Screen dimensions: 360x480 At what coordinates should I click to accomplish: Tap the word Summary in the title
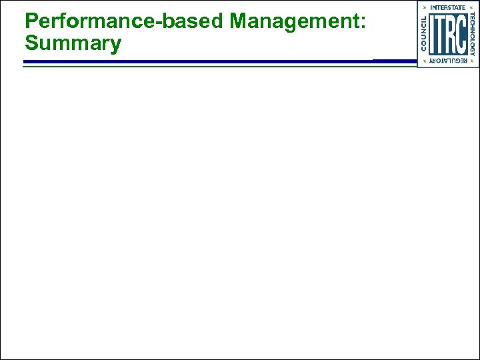point(73,44)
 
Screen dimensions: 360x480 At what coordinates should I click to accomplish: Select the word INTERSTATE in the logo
point(447,7)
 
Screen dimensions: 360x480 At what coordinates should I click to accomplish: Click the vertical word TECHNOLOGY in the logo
point(473,33)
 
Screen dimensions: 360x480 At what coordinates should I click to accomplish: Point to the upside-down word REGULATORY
point(447,61)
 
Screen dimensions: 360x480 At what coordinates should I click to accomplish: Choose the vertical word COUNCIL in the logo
point(423,33)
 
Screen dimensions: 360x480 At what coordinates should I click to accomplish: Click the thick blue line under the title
point(200,62)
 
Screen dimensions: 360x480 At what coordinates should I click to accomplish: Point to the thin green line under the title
point(200,66)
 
